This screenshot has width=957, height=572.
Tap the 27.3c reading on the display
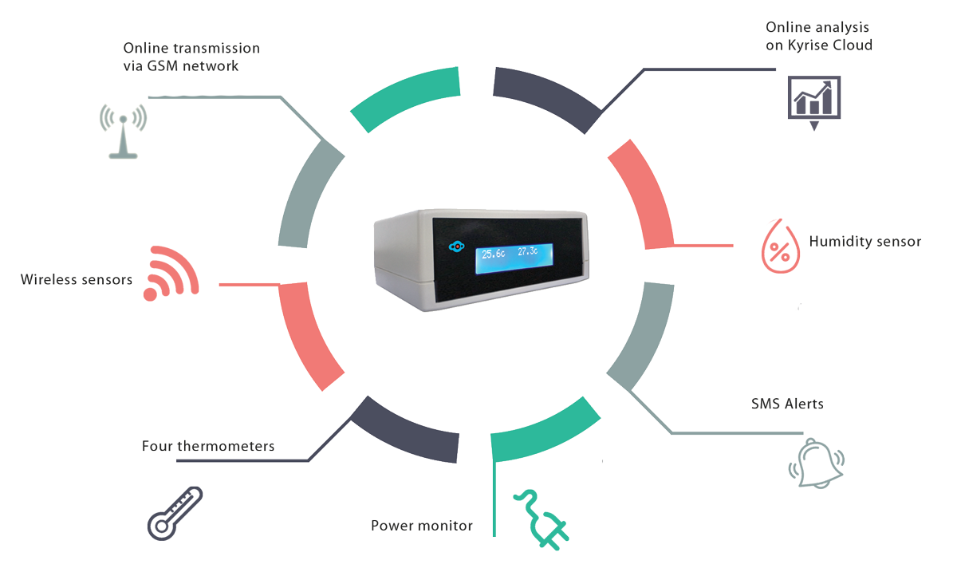(x=529, y=252)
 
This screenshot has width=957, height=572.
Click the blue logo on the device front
(x=455, y=247)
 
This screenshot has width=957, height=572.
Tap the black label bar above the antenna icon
(x=191, y=57)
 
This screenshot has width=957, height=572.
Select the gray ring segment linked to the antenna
(x=307, y=195)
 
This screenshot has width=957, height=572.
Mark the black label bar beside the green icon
(x=422, y=525)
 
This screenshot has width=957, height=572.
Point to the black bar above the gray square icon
(x=786, y=403)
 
